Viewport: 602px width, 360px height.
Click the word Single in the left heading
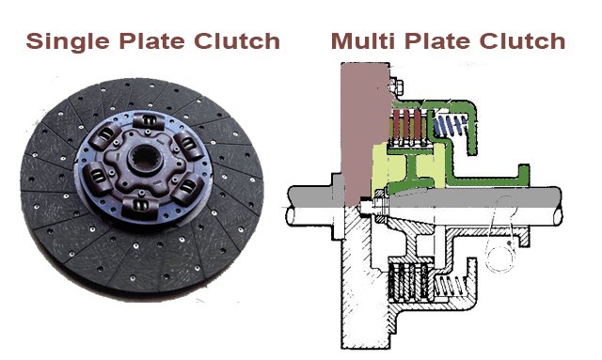click(68, 41)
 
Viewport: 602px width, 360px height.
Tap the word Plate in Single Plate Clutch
click(151, 40)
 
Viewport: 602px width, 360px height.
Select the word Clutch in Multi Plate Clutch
click(522, 40)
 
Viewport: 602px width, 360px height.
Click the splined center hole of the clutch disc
click(144, 158)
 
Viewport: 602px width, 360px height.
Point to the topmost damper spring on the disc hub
click(149, 121)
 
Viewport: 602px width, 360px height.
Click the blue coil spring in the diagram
click(450, 126)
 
